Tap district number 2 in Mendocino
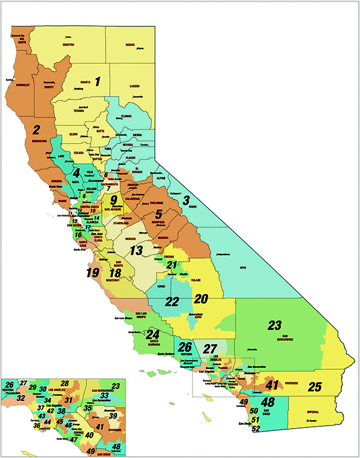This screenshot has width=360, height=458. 36,129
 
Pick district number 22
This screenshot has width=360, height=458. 172,301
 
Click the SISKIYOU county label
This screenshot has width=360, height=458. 70,44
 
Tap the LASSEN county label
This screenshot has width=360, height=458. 135,86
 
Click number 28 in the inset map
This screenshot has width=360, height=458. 64,384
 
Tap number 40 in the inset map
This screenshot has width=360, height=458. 89,435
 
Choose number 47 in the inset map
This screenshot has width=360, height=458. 73,439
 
